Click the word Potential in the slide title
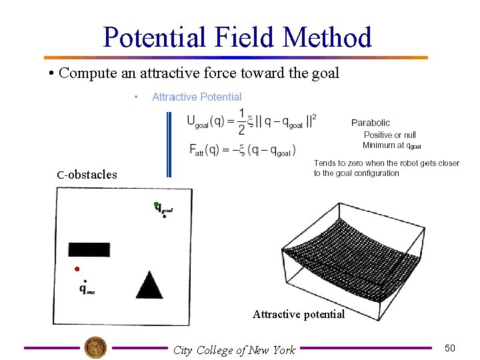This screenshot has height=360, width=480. coord(157,37)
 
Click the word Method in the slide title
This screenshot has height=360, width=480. coord(327,37)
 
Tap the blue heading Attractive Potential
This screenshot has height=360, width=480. coord(197,97)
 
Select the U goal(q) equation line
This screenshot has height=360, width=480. coord(252,122)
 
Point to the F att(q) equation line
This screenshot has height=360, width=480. coord(243,151)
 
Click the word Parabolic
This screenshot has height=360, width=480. coord(371,123)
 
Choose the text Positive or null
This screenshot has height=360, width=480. coord(389,135)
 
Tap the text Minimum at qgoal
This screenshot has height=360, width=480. coord(391,145)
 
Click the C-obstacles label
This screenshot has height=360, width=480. coord(87,175)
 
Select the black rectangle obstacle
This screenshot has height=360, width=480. coord(89,249)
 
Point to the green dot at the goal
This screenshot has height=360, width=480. coord(155,204)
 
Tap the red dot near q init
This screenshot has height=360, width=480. coord(77,269)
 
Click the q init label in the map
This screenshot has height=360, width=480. coord(86,289)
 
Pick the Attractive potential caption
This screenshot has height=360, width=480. coord(298,314)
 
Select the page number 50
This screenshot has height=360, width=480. coord(450,348)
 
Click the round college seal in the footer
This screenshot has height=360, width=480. coord(95,347)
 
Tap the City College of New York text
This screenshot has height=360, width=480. coord(234,350)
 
